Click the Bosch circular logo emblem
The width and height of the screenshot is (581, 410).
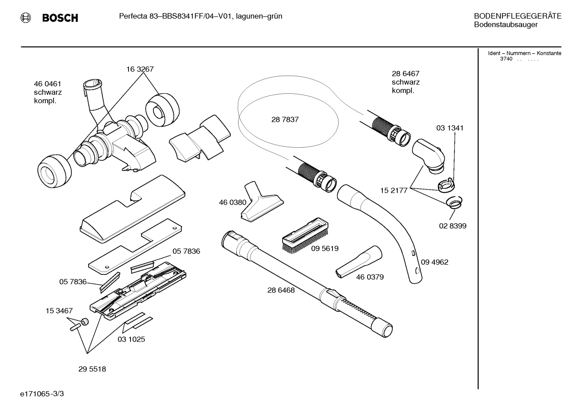click(x=26, y=18)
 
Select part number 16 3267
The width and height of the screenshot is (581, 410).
click(x=140, y=69)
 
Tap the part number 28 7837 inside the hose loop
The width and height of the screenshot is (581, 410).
click(x=285, y=119)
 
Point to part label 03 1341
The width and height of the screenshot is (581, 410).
click(x=450, y=128)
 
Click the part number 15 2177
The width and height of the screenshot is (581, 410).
click(x=394, y=191)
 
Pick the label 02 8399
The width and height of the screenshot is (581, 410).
click(x=452, y=226)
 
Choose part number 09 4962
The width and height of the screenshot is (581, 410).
click(x=434, y=262)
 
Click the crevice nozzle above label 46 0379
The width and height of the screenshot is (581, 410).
click(x=359, y=262)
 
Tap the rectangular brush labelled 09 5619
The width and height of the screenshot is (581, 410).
click(x=305, y=235)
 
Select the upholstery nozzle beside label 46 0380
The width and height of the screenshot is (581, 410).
click(x=262, y=202)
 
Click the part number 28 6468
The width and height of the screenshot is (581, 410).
click(x=281, y=290)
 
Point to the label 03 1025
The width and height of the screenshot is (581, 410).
click(x=131, y=339)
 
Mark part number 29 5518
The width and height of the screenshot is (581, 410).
click(x=92, y=369)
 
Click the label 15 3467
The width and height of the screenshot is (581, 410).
click(x=59, y=311)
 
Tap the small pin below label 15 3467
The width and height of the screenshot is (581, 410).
click(x=75, y=327)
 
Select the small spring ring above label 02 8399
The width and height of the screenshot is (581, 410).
click(x=454, y=202)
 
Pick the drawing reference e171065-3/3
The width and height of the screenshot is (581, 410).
click(x=42, y=394)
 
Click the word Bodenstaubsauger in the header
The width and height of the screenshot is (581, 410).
click(x=506, y=25)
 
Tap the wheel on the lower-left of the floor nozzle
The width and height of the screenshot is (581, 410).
click(x=54, y=171)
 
